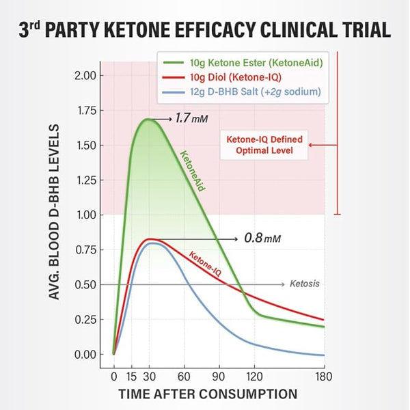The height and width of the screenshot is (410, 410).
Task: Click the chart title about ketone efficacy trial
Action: tap(204, 30)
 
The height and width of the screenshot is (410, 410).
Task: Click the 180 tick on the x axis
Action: tap(325, 377)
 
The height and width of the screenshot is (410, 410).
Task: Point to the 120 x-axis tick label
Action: tap(254, 377)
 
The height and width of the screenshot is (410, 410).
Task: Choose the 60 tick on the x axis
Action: tap(184, 377)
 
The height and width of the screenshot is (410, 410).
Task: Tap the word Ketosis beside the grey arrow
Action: tap(305, 284)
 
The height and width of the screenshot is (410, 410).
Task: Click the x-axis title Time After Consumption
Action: tap(208, 394)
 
